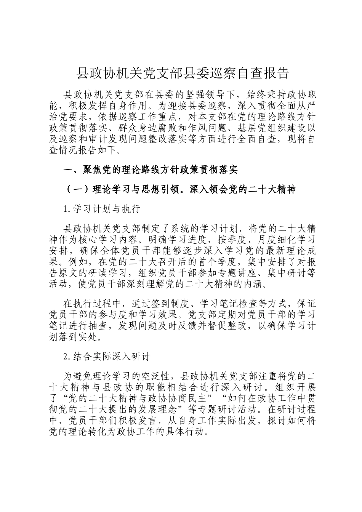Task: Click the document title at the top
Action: tap(183, 73)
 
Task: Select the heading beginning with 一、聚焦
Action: tap(151, 170)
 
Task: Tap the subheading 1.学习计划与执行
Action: tap(102, 208)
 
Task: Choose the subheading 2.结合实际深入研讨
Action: tap(107, 357)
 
